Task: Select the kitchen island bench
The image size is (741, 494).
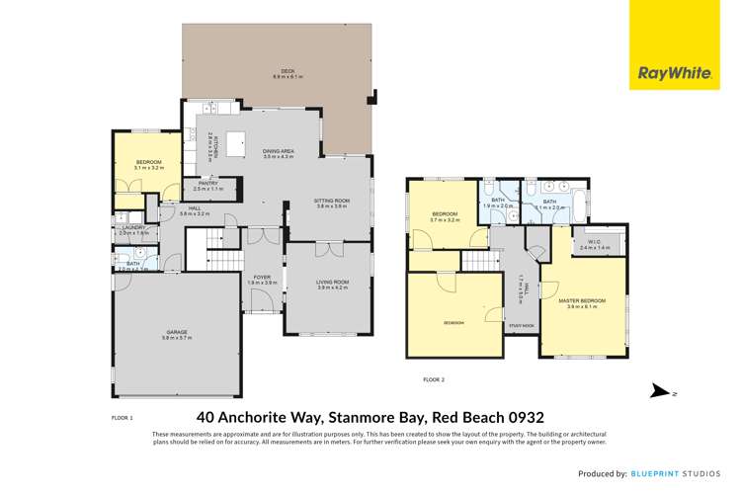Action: coord(236,145)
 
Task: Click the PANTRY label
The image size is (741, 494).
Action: coord(208,185)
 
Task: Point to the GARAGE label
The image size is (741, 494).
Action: coord(175,334)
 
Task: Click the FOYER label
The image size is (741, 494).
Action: coord(262,279)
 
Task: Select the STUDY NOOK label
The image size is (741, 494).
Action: coord(521,325)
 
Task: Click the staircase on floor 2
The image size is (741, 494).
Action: coord(476,261)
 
